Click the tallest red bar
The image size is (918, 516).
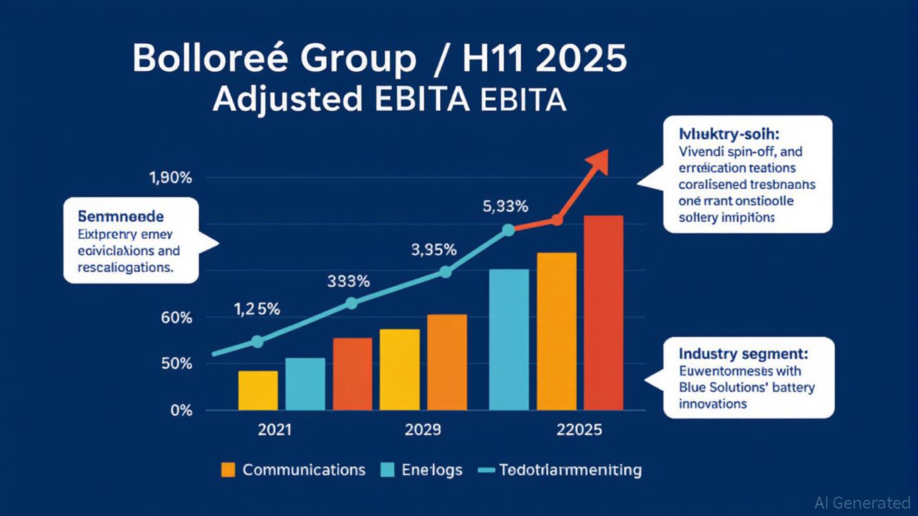(x=603, y=312)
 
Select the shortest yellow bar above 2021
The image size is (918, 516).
(x=258, y=390)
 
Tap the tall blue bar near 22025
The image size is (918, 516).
(x=509, y=339)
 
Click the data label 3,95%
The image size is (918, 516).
(x=433, y=250)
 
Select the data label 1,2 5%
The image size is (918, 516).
(x=257, y=309)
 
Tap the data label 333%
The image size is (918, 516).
(x=348, y=282)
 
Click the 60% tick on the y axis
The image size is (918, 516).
(x=177, y=318)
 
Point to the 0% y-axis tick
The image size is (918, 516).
(x=181, y=411)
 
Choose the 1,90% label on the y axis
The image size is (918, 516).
(x=170, y=179)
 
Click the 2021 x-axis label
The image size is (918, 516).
(x=275, y=430)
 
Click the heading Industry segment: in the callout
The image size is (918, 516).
(x=744, y=353)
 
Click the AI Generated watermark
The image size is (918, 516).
(x=862, y=503)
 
